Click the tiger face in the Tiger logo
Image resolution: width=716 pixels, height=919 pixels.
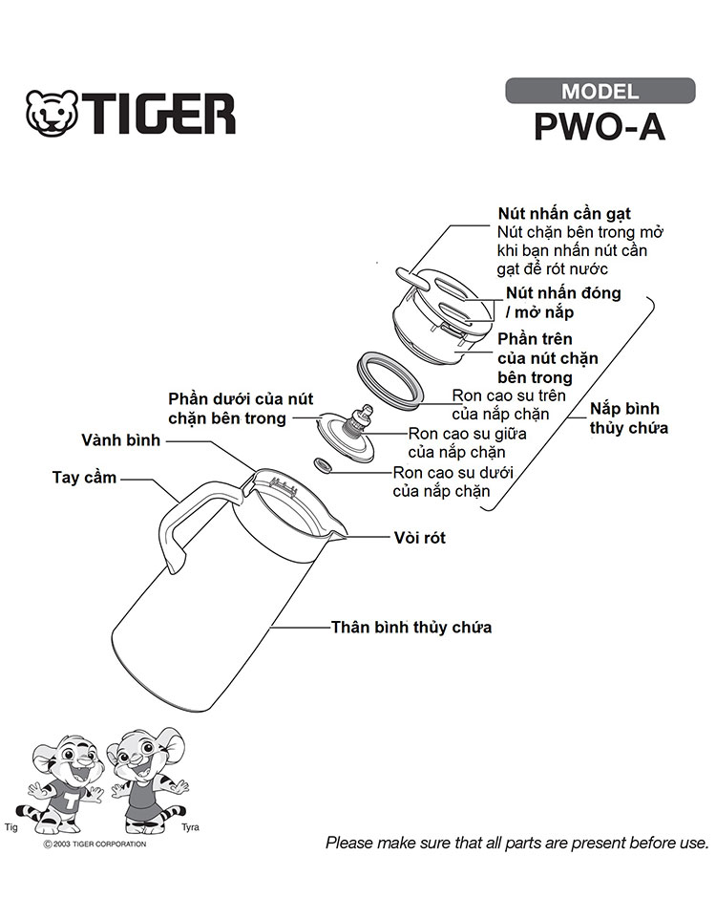tap(53, 113)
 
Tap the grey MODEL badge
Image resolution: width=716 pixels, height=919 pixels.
tap(600, 91)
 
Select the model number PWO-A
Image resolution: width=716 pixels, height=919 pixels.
tap(600, 126)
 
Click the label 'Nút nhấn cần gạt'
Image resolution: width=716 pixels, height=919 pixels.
tap(564, 213)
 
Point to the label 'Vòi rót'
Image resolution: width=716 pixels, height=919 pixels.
tap(419, 538)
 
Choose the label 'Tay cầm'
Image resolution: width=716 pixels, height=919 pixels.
tap(84, 478)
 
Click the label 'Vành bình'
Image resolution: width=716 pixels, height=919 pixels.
tap(120, 440)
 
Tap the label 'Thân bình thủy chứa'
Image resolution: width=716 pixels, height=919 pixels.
tap(411, 627)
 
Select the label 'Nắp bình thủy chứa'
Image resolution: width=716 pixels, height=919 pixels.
tap(628, 417)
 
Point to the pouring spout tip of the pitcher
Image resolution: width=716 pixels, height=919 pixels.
tap(341, 536)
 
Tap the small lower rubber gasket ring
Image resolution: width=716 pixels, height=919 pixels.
tap(323, 465)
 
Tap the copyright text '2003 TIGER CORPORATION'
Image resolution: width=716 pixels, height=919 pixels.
tap(99, 844)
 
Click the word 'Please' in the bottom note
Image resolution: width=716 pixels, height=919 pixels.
tap(349, 843)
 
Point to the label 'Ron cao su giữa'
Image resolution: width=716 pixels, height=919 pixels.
tap(467, 434)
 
